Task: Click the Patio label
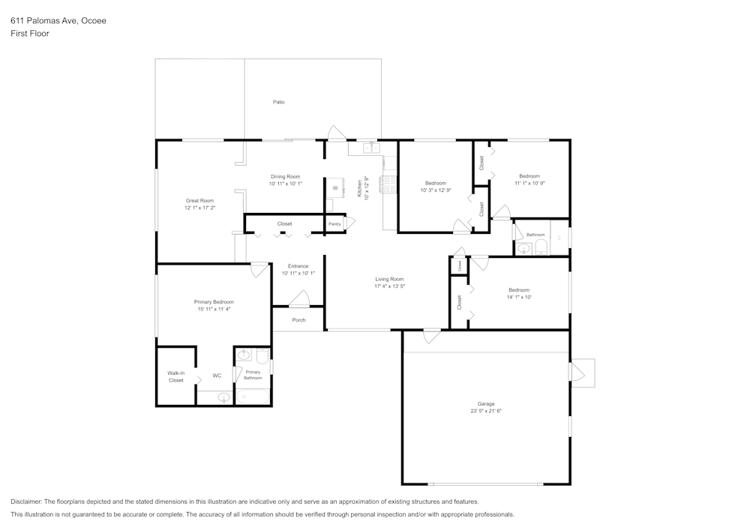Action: pyautogui.click(x=278, y=102)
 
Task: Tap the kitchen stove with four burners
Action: pyautogui.click(x=389, y=184)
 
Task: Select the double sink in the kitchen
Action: pyautogui.click(x=371, y=148)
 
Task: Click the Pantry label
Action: pyautogui.click(x=334, y=224)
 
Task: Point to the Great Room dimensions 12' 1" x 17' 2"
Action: pyautogui.click(x=200, y=208)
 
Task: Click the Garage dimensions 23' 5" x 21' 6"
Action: pyautogui.click(x=486, y=411)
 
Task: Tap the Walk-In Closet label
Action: pyautogui.click(x=175, y=376)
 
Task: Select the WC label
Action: pyautogui.click(x=217, y=376)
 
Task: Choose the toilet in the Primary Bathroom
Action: pyautogui.click(x=262, y=355)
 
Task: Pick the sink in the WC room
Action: pyautogui.click(x=223, y=397)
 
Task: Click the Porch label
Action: pyautogui.click(x=298, y=320)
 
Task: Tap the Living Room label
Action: pyautogui.click(x=390, y=279)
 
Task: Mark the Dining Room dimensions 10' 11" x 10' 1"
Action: pyautogui.click(x=285, y=184)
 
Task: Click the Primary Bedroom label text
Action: pyautogui.click(x=214, y=301)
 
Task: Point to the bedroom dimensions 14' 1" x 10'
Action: pyautogui.click(x=518, y=297)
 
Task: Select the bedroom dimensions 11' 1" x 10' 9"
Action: pyautogui.click(x=529, y=183)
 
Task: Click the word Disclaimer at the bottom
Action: pyautogui.click(x=26, y=502)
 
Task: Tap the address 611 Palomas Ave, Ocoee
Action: pyautogui.click(x=58, y=21)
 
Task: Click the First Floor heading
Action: pyautogui.click(x=29, y=34)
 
